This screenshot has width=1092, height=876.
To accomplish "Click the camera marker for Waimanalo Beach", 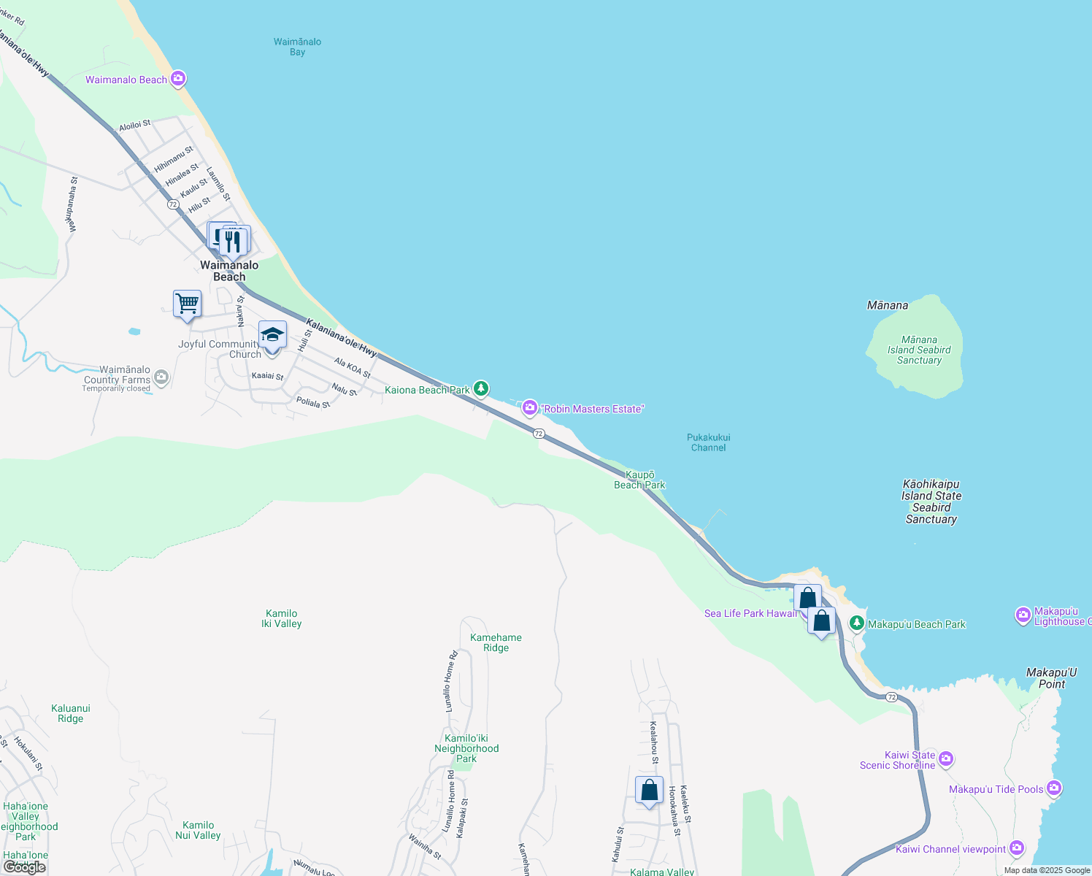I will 178,78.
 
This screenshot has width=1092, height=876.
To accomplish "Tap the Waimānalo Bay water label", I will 297,47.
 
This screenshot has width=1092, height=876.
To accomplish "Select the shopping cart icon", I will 188,304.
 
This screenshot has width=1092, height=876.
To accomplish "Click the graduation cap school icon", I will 272,336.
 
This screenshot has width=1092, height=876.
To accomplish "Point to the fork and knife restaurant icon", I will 234,240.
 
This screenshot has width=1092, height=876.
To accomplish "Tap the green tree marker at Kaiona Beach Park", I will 480,388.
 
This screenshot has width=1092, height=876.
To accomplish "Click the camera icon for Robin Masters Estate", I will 530,408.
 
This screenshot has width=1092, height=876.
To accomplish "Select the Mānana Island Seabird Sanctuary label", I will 919,350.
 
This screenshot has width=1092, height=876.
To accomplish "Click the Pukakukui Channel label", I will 708,442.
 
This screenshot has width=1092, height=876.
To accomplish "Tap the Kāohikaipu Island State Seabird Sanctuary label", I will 931,502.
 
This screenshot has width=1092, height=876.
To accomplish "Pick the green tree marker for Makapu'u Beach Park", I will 857,623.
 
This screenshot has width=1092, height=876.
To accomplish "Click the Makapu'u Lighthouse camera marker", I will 1023,615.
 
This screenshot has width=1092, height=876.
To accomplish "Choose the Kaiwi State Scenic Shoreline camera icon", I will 946,759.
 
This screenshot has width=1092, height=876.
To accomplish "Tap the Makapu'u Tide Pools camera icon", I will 1053,788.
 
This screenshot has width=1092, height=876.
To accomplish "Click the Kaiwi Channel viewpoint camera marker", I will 1017,848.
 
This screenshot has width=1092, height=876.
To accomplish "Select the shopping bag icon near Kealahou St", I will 649,791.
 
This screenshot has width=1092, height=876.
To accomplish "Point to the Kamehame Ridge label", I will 496,642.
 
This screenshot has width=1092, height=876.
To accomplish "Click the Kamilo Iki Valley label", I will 282,618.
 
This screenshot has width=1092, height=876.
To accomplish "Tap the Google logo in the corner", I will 25,867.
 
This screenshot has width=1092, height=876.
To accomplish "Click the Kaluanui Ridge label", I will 71,713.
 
